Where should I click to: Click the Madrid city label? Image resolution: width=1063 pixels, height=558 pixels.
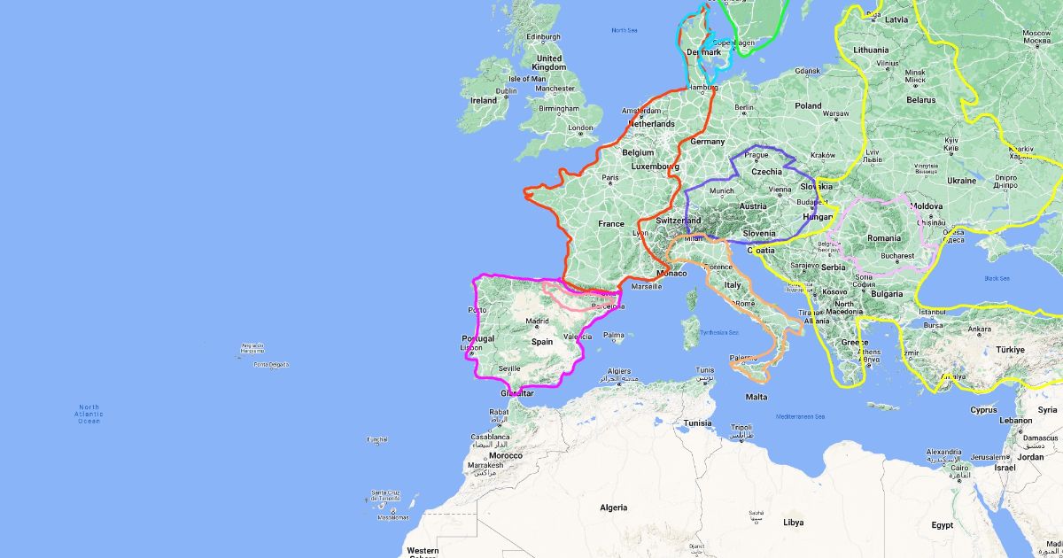click(538, 322)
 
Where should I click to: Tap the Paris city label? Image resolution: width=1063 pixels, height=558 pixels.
click(610, 178)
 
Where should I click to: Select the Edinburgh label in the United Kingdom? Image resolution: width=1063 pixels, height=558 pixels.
click(544, 37)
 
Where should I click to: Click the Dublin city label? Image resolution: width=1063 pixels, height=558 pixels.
click(507, 90)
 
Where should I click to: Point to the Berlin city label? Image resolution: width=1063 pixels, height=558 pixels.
click(742, 108)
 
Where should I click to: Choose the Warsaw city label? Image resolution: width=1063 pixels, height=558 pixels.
click(835, 113)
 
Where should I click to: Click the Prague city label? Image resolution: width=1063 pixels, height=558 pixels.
click(757, 155)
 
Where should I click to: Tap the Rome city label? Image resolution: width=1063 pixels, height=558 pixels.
click(744, 304)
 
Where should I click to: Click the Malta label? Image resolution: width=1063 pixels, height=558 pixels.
click(757, 397)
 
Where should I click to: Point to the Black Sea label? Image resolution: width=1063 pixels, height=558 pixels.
click(997, 278)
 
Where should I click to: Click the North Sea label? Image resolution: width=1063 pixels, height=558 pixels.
click(625, 30)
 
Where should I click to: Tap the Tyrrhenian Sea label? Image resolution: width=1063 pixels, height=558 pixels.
click(719, 332)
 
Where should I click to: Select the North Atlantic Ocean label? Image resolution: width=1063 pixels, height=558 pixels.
click(89, 414)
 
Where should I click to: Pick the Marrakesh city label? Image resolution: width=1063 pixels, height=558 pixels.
click(485, 464)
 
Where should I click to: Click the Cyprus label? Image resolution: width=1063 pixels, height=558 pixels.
click(983, 410)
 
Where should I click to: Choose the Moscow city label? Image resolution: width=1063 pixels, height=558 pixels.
click(1036, 33)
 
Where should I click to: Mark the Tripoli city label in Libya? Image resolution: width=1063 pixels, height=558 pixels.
click(741, 427)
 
